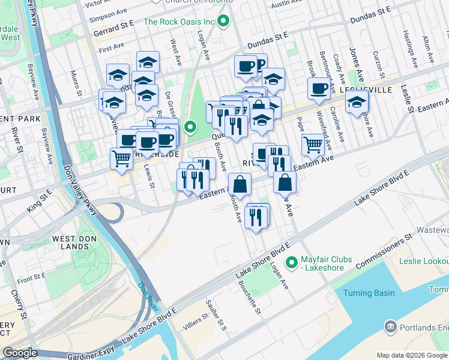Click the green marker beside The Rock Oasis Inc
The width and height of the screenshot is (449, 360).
[224, 22]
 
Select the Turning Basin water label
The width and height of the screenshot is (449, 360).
[369, 293]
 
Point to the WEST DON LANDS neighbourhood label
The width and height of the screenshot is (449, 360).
[73, 244]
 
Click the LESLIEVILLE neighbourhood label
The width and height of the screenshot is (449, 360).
[366, 89]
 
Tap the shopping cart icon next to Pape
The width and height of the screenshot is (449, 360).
[313, 144]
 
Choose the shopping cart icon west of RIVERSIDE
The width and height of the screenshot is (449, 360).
[121, 158]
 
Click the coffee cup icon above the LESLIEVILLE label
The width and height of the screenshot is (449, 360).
[319, 88]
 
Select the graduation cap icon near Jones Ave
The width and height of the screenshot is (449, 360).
[357, 101]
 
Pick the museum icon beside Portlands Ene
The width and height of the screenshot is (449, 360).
[391, 327]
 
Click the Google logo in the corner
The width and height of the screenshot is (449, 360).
[20, 353]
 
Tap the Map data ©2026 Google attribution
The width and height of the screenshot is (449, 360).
[411, 355]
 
